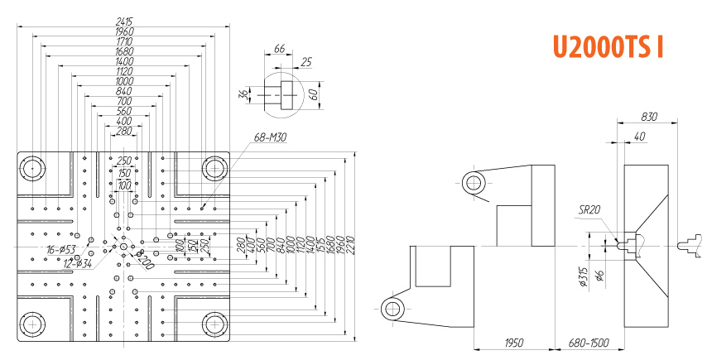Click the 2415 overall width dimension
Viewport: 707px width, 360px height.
coord(124,21)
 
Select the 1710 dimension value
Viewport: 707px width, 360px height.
coord(124,41)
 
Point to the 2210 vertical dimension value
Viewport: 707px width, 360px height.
coord(353,245)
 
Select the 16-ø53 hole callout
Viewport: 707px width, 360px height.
coord(62,249)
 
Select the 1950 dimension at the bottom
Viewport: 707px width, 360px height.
coord(513,342)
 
